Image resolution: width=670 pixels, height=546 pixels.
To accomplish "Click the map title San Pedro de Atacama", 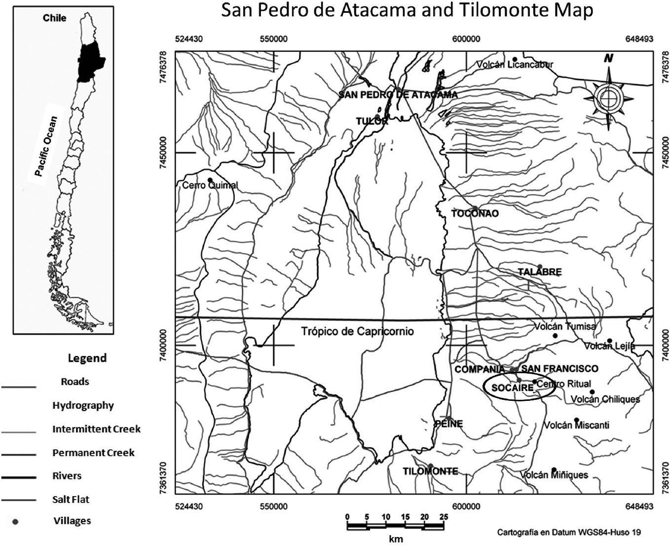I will coord(407,11).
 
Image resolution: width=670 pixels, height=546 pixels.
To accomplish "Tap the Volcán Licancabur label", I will coord(515,65).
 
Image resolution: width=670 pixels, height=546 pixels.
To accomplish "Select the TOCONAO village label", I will coord(475,214).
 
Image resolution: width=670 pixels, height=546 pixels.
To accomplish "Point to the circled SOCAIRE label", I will coord(513,388).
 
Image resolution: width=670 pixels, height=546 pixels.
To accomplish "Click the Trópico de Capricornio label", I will coord(357,331).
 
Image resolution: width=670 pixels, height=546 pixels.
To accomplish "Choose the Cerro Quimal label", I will coord(210,186).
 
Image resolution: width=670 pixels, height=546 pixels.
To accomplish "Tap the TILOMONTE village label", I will coord(430,471).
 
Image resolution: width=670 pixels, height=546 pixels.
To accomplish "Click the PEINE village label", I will coord(448,424).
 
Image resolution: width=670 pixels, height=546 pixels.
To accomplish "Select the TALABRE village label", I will coord(539,272).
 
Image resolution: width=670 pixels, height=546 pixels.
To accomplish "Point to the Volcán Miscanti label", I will coord(576,425).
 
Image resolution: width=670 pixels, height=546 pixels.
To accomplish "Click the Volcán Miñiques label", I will coord(554,475).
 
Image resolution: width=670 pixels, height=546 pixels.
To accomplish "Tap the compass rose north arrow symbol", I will coord(609,97).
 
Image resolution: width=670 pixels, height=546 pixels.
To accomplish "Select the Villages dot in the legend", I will coord(15,521).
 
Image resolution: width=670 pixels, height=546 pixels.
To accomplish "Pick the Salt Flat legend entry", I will coord(71,499).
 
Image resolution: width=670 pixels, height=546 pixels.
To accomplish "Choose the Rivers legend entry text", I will coord(67,476).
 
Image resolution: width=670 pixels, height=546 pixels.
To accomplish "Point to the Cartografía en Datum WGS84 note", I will coord(569,533).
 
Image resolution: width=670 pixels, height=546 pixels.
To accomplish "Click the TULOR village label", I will coord(372,121).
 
